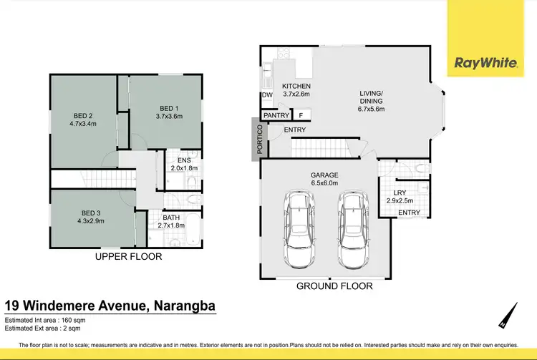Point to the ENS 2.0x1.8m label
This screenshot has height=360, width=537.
click(183, 164)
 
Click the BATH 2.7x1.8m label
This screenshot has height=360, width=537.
click(171, 221)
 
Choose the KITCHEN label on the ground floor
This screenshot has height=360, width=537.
click(296, 89)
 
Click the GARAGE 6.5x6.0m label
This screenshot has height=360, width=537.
click(324, 179)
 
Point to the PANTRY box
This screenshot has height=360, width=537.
click(276, 115)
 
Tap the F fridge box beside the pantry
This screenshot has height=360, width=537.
click(301, 115)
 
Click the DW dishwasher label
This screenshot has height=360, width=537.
click(266, 95)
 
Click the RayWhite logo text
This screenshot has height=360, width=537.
click(485, 63)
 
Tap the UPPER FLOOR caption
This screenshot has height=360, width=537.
click(130, 256)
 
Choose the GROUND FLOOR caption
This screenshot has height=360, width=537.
click(335, 286)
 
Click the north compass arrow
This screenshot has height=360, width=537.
click(508, 316)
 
